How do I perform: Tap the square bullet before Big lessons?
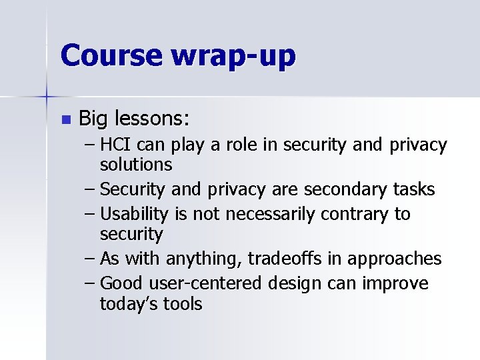pos(65,120)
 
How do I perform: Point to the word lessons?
pos(153,119)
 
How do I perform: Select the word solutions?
pos(136,164)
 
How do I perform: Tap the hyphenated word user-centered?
pos(212,284)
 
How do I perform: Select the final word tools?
pos(180,304)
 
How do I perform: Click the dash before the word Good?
pos(91,284)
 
